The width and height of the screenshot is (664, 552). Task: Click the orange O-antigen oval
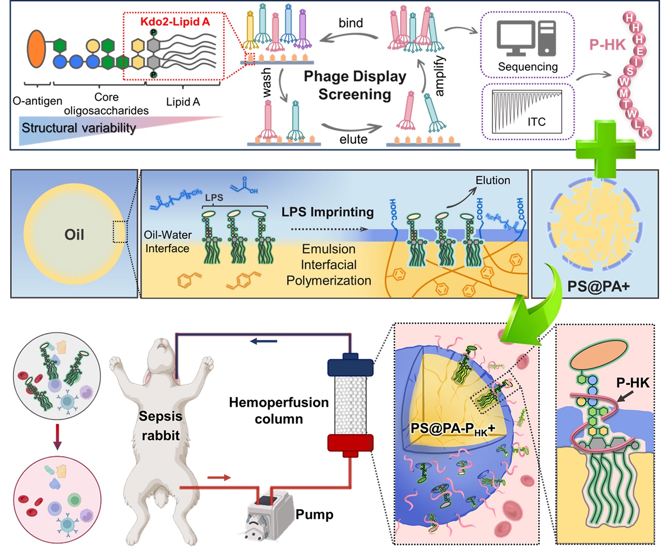point(36,49)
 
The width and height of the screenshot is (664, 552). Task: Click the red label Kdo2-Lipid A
point(175,22)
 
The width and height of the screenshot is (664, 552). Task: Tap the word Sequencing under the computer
point(528,67)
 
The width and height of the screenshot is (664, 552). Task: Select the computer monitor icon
point(515,38)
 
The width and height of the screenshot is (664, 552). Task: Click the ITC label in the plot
point(536,122)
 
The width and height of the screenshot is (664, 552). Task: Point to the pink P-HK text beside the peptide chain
point(607,45)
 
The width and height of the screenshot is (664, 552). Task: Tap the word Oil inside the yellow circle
point(74,234)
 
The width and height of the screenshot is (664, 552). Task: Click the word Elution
point(493,180)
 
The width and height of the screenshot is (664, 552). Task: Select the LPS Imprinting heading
point(328,212)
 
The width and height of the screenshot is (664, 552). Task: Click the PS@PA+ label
point(598,286)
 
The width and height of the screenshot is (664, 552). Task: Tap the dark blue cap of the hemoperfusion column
point(350,366)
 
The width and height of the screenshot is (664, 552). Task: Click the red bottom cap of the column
point(350,443)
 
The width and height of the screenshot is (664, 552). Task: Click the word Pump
point(314,514)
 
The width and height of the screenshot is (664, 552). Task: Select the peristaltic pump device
point(268,514)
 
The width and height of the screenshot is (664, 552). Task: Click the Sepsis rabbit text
point(160,425)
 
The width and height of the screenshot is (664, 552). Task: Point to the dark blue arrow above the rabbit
point(264,341)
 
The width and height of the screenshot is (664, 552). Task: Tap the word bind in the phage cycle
point(351,23)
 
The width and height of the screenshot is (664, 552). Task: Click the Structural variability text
point(79,128)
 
